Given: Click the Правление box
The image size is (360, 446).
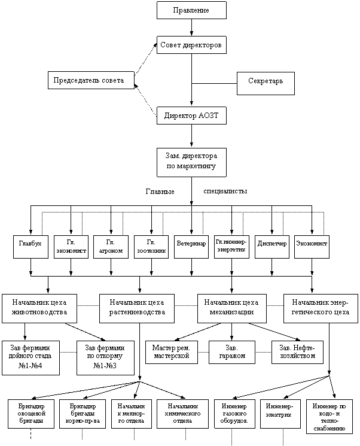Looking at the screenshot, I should click(x=191, y=10).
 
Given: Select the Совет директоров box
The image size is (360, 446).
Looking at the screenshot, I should click(x=191, y=45).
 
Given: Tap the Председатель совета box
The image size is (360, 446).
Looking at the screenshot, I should click(x=90, y=80).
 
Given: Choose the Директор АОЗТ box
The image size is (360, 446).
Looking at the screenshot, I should click(x=191, y=116).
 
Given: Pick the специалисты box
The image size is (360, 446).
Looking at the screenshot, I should click(x=225, y=191).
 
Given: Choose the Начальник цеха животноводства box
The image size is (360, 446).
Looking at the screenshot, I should click(x=39, y=307).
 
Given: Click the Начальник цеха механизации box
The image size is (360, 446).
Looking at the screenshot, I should click(x=231, y=307).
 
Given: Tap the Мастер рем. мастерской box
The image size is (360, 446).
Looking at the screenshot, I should click(x=171, y=352).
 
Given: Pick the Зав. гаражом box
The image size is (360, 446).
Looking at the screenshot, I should click(x=231, y=352).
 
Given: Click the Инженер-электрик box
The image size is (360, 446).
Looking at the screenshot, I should click(x=280, y=414).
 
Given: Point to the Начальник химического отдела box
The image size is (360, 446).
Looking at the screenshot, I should click(x=183, y=414).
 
